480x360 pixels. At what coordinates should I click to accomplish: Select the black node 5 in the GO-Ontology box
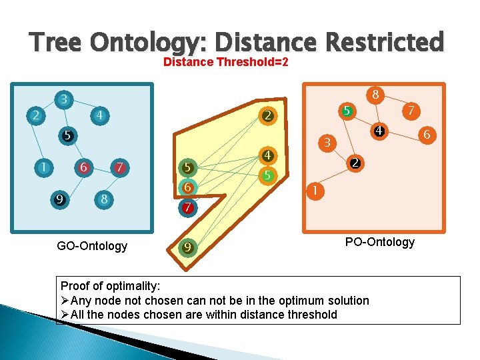pos(66,135)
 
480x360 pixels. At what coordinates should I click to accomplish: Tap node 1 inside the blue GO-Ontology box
pos(43,167)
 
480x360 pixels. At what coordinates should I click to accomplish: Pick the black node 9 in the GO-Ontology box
pos(60,198)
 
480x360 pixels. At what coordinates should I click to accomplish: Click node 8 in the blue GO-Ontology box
pos(103,198)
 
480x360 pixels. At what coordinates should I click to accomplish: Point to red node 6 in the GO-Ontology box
pos(83,167)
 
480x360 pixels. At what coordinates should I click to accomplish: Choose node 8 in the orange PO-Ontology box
pos(376,95)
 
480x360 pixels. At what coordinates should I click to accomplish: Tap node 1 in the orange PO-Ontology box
pos(314,191)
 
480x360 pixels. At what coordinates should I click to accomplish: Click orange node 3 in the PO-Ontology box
pos(327,142)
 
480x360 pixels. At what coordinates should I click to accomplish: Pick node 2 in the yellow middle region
pos(267,116)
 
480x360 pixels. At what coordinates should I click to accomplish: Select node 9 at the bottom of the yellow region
pos(188,248)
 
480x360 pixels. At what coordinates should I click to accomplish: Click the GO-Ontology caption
pos(92,246)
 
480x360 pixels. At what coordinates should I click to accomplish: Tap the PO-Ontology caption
pos(379,241)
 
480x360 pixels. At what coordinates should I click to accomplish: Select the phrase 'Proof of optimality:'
pos(110,286)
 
